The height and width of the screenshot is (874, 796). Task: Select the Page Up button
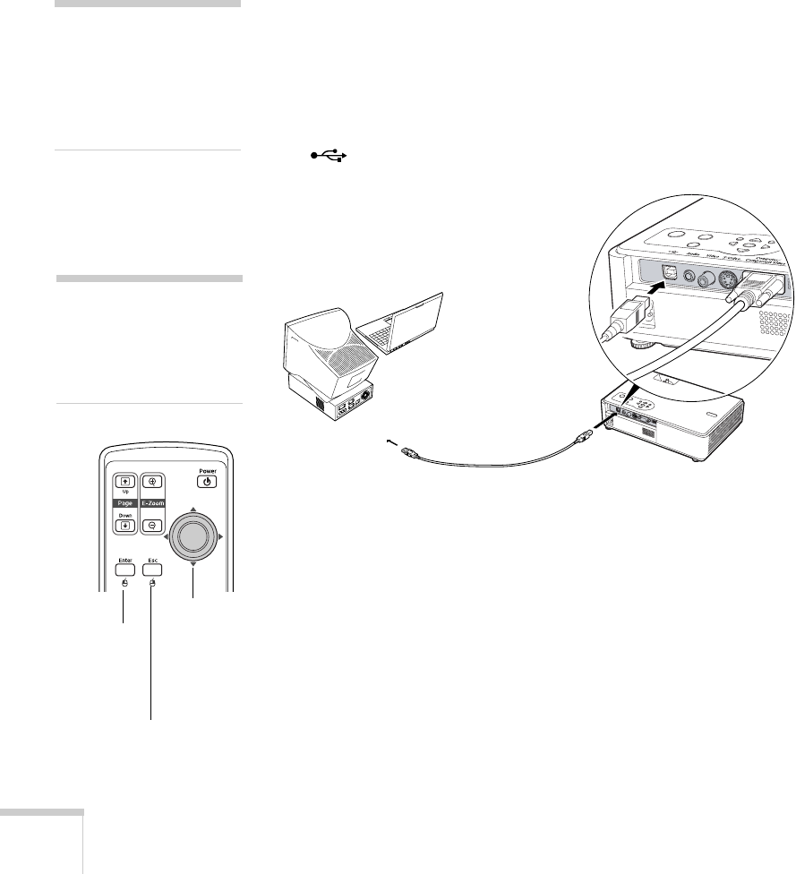coord(124,481)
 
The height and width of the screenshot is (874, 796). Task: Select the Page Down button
coord(124,525)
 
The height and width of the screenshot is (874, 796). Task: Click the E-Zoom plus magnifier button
coord(152,481)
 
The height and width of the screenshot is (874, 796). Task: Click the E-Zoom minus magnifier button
coord(152,525)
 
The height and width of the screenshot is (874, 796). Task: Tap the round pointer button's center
coord(192,536)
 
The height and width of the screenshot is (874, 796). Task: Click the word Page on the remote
coord(124,504)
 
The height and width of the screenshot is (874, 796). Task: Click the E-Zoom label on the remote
coord(153,504)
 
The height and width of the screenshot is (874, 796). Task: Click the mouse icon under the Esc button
coord(152,584)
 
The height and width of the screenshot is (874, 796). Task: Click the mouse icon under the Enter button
coord(124,584)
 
